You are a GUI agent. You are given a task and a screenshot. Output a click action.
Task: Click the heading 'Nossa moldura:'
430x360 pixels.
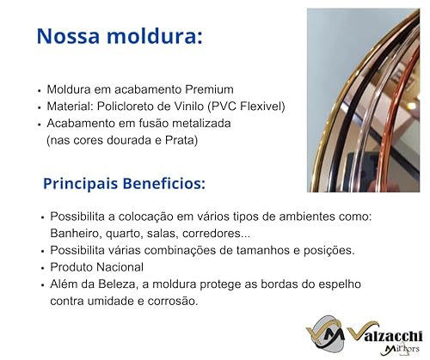(119, 36)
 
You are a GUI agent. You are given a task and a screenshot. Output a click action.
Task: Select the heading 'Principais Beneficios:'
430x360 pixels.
(124, 183)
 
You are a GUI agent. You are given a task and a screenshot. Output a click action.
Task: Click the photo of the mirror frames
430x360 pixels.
(369, 100)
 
